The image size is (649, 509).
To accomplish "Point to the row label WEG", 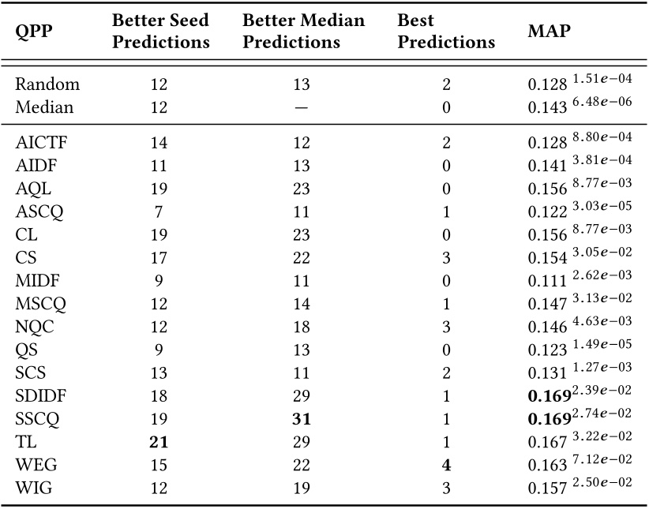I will (x=34, y=466).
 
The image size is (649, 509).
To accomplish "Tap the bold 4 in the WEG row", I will (x=446, y=466).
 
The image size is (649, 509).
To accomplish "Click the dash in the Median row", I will (x=302, y=107).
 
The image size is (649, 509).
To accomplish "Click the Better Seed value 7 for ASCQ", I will (x=159, y=213).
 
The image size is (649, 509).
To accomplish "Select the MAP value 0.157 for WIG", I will (x=546, y=488).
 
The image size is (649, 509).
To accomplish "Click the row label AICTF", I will (x=39, y=143).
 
